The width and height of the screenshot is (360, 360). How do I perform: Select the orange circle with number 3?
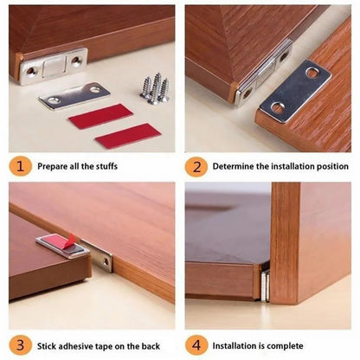pos(22,345)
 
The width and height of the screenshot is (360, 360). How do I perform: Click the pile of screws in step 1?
pos(155,87)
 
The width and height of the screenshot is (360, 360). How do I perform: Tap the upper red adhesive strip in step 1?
pos(100,115)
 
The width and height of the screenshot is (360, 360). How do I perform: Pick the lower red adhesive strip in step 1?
pos(127,135)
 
